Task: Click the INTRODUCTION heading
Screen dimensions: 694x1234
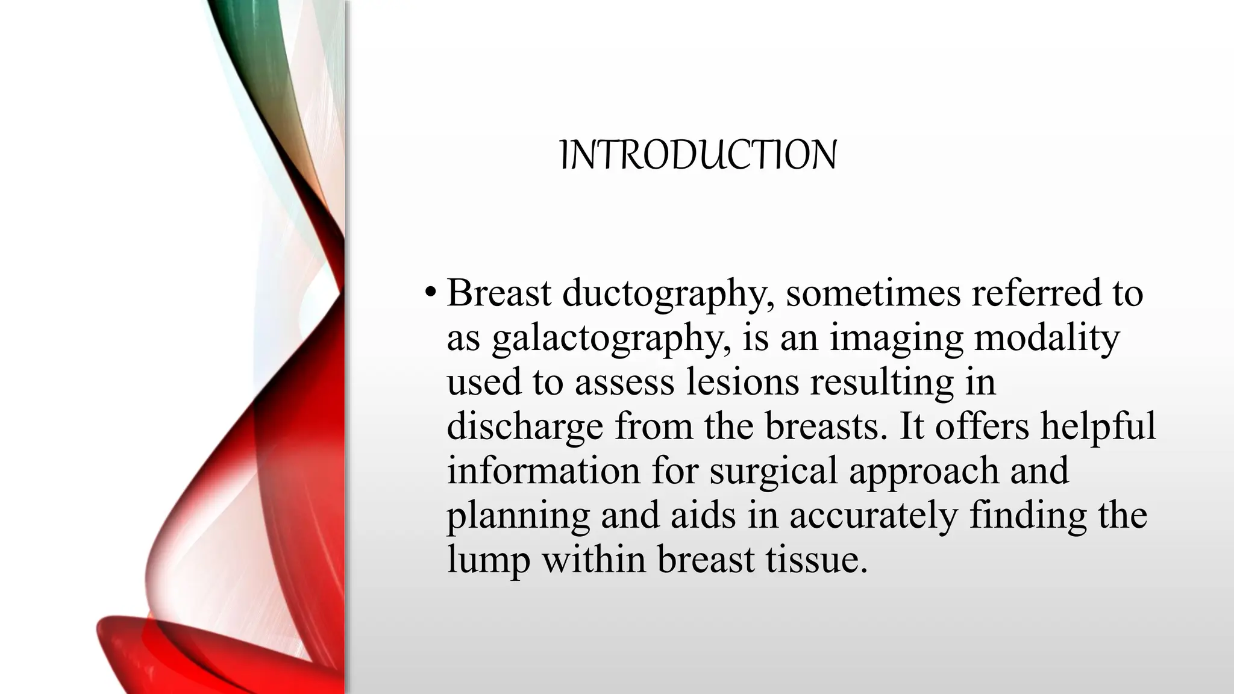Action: click(x=698, y=155)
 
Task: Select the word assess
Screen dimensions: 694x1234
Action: click(x=624, y=383)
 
